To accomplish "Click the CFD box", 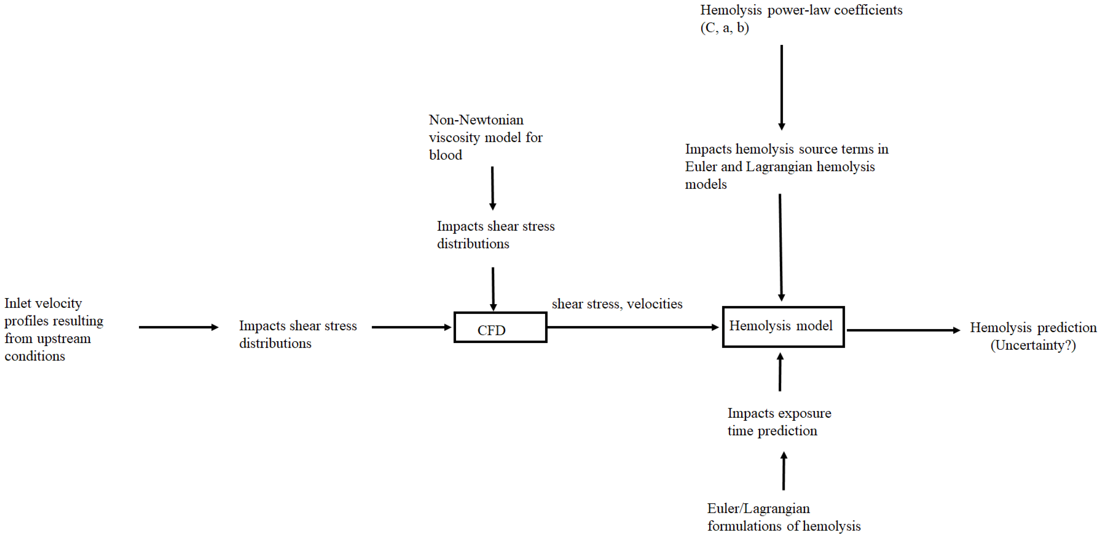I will point(500,328).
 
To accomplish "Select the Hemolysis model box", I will point(783,327).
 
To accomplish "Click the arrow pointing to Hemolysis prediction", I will point(903,330).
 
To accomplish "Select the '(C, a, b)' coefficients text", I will point(725,28).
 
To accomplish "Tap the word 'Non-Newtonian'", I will point(476,120).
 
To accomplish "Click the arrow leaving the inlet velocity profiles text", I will point(178,328).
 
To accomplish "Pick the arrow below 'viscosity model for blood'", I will point(493,188).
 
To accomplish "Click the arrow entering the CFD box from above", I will point(493,289).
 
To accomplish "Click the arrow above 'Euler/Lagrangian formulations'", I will point(784,471).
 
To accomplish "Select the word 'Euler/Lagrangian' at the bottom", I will point(758,508).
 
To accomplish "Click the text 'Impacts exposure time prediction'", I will point(779,422).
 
